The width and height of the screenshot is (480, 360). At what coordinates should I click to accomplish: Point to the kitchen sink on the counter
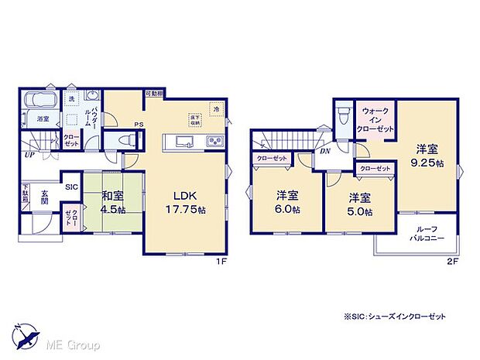click(184, 141)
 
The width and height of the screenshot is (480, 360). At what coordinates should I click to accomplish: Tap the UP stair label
click(29, 155)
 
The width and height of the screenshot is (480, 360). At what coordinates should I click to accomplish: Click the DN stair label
click(325, 152)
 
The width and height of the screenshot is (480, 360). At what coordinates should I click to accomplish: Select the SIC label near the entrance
click(71, 186)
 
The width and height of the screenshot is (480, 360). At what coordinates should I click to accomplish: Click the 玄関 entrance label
click(46, 198)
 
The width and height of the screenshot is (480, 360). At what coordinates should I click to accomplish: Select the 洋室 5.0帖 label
click(360, 204)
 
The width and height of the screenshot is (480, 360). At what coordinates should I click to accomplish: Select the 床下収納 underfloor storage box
click(193, 121)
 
